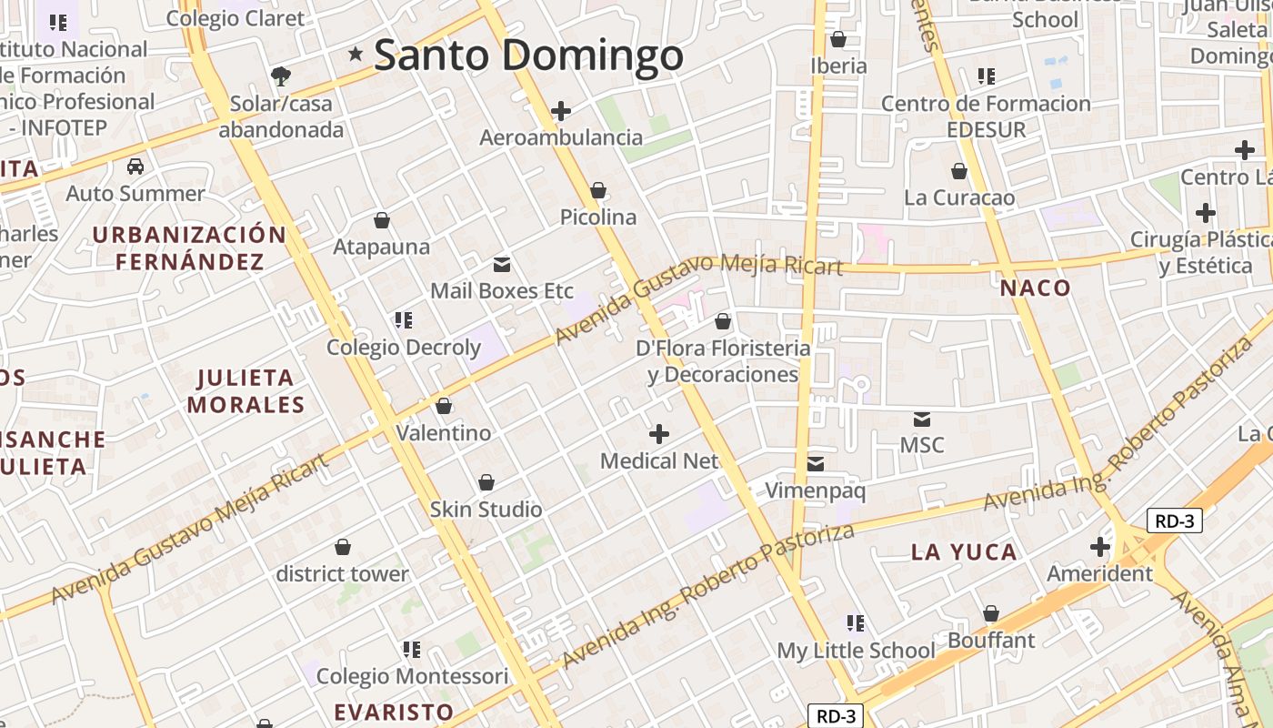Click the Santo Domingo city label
pos(528,55)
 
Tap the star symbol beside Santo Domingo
pos(356,55)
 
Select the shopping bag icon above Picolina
pos(598,190)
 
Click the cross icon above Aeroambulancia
pos(561,111)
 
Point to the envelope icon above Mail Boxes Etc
pos(501,265)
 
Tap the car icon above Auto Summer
pos(135,167)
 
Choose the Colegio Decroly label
pos(403,347)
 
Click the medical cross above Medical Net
pos(659,434)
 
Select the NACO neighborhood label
pos(1036,288)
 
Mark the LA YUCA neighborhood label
pos(964,551)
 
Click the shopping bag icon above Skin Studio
pos(486,482)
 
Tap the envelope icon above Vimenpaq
pos(816,464)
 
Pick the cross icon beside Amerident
pos(1100,547)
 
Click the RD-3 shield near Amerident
pos(1175,521)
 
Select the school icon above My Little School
pos(856,623)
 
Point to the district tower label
pos(342,574)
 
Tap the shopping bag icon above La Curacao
pos(959,171)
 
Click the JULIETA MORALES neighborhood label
pos(246,390)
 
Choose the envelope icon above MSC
pos(922,420)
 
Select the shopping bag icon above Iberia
pos(838,39)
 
